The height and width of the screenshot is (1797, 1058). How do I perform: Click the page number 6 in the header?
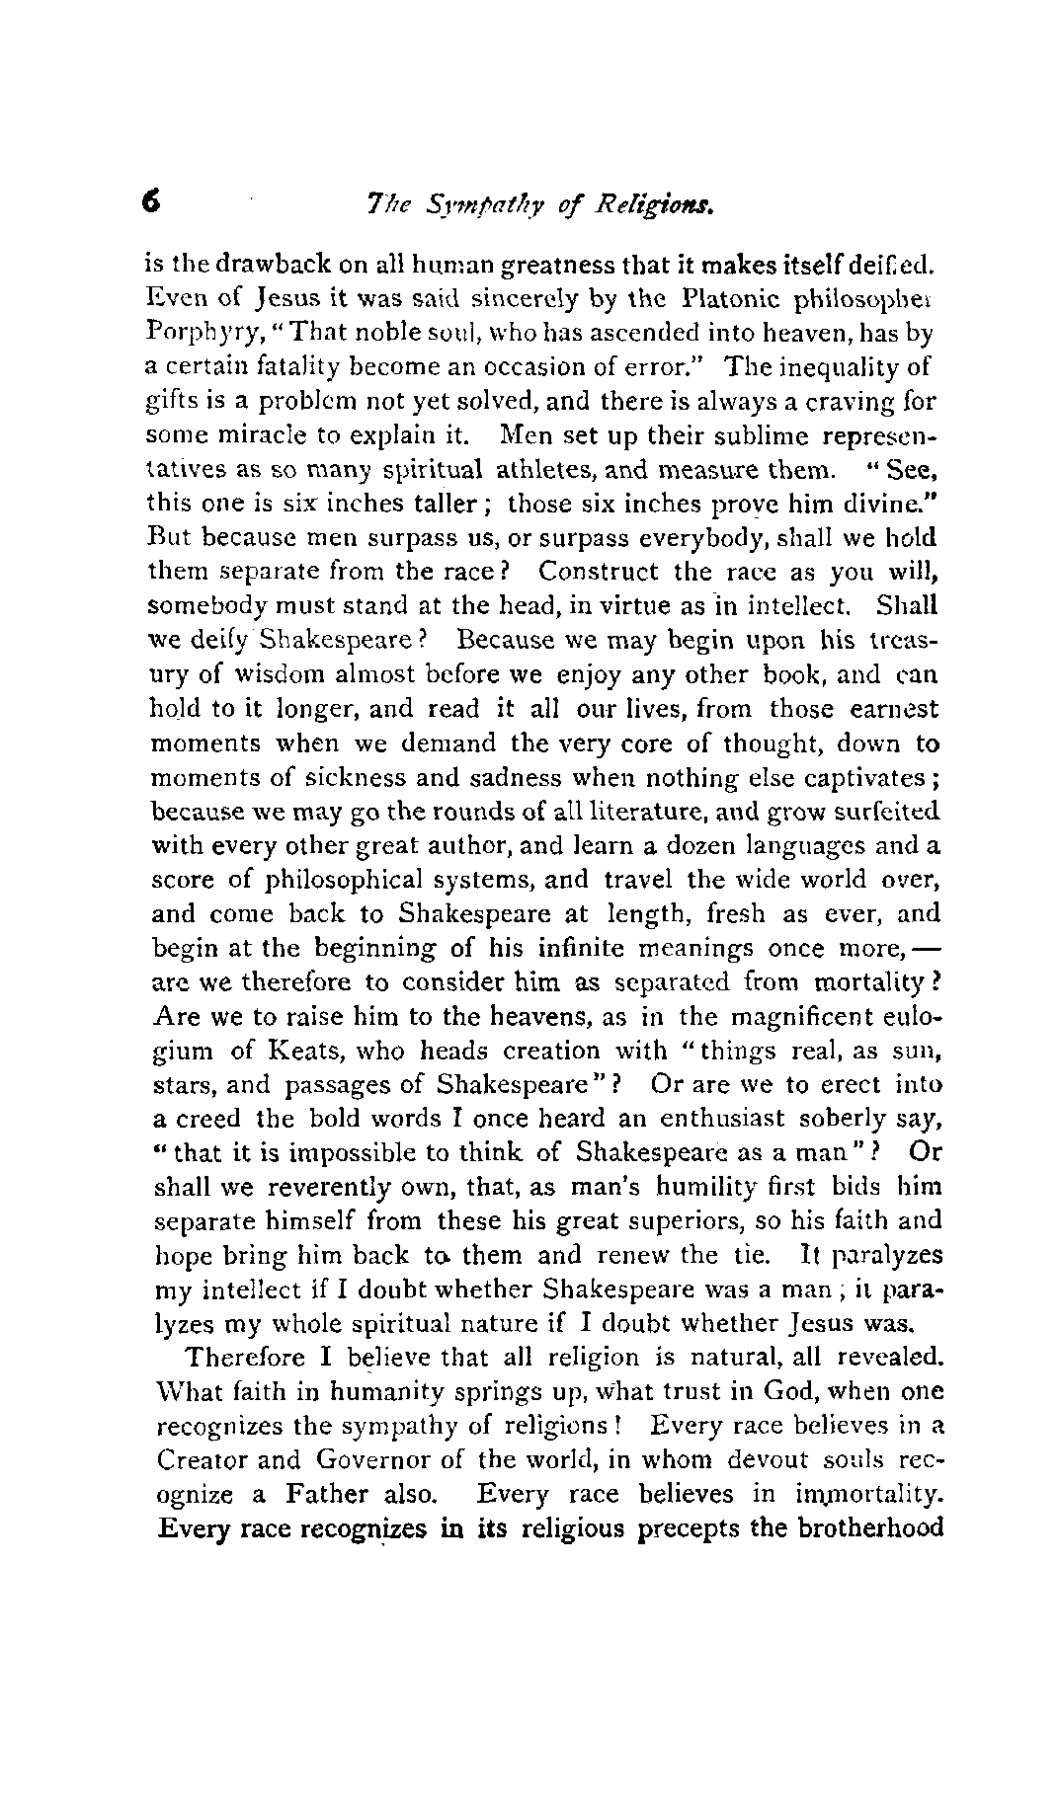click(151, 203)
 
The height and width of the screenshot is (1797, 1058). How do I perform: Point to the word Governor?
click(392, 1459)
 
